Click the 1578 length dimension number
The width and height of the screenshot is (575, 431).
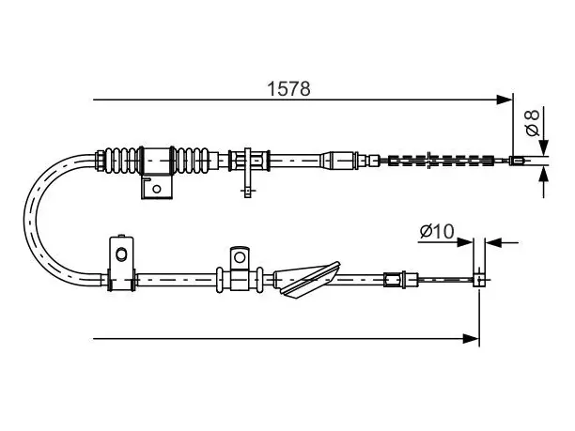tap(288, 88)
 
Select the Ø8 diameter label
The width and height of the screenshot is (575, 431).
tap(533, 122)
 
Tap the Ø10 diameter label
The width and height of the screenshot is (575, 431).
tap(437, 231)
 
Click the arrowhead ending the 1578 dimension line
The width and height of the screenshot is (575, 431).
tap(505, 100)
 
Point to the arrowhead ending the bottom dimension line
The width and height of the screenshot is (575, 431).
tap(471, 339)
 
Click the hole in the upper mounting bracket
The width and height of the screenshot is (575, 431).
tap(157, 189)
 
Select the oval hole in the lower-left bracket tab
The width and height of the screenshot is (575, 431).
tap(120, 254)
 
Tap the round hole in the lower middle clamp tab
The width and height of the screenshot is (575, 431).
tap(240, 257)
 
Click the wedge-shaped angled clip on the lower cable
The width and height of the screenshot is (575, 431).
tap(307, 279)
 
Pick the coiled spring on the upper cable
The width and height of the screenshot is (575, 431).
tap(440, 161)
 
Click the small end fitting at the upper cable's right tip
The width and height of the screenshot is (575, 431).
tap(517, 161)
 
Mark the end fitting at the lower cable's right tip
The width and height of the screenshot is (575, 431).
tap(478, 280)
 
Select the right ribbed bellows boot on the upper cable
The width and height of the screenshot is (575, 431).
tap(192, 161)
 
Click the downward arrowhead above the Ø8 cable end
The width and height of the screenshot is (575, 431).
tap(544, 148)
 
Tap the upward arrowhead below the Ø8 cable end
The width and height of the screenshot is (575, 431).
tap(544, 174)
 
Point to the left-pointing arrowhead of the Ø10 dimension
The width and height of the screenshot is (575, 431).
tap(492, 242)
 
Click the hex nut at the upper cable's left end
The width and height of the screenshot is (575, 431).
tap(100, 161)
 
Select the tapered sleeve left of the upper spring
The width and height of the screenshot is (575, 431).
tap(338, 161)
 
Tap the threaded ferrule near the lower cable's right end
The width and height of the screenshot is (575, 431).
tap(394, 280)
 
